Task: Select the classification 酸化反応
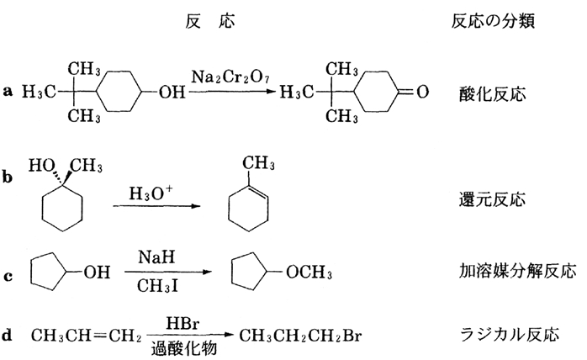point(493,93)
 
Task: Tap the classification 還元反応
point(493,201)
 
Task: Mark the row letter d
point(8,334)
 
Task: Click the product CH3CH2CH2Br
point(289,336)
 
